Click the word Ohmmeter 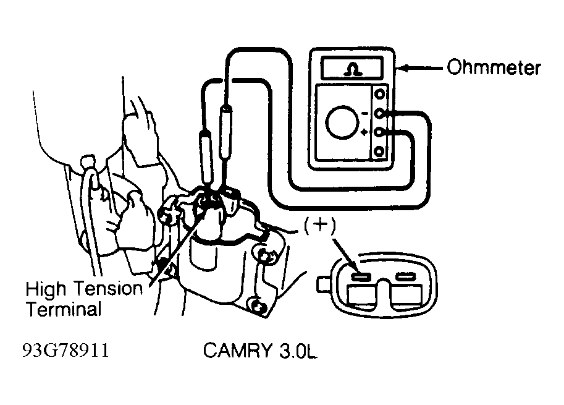[x=494, y=67]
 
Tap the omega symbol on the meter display [x=353, y=69]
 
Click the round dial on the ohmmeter [x=342, y=122]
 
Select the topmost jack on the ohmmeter [x=379, y=95]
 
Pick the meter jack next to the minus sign [x=379, y=113]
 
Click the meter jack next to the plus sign [x=379, y=132]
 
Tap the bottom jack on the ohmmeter [x=379, y=151]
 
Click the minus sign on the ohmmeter [x=364, y=114]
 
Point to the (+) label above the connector [x=320, y=225]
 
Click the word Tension [x=109, y=288]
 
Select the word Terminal [x=64, y=309]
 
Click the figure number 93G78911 [x=66, y=350]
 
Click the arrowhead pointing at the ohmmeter [x=403, y=67]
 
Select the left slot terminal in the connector [x=361, y=277]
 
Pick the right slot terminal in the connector [x=406, y=276]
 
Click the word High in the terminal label [x=46, y=289]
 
